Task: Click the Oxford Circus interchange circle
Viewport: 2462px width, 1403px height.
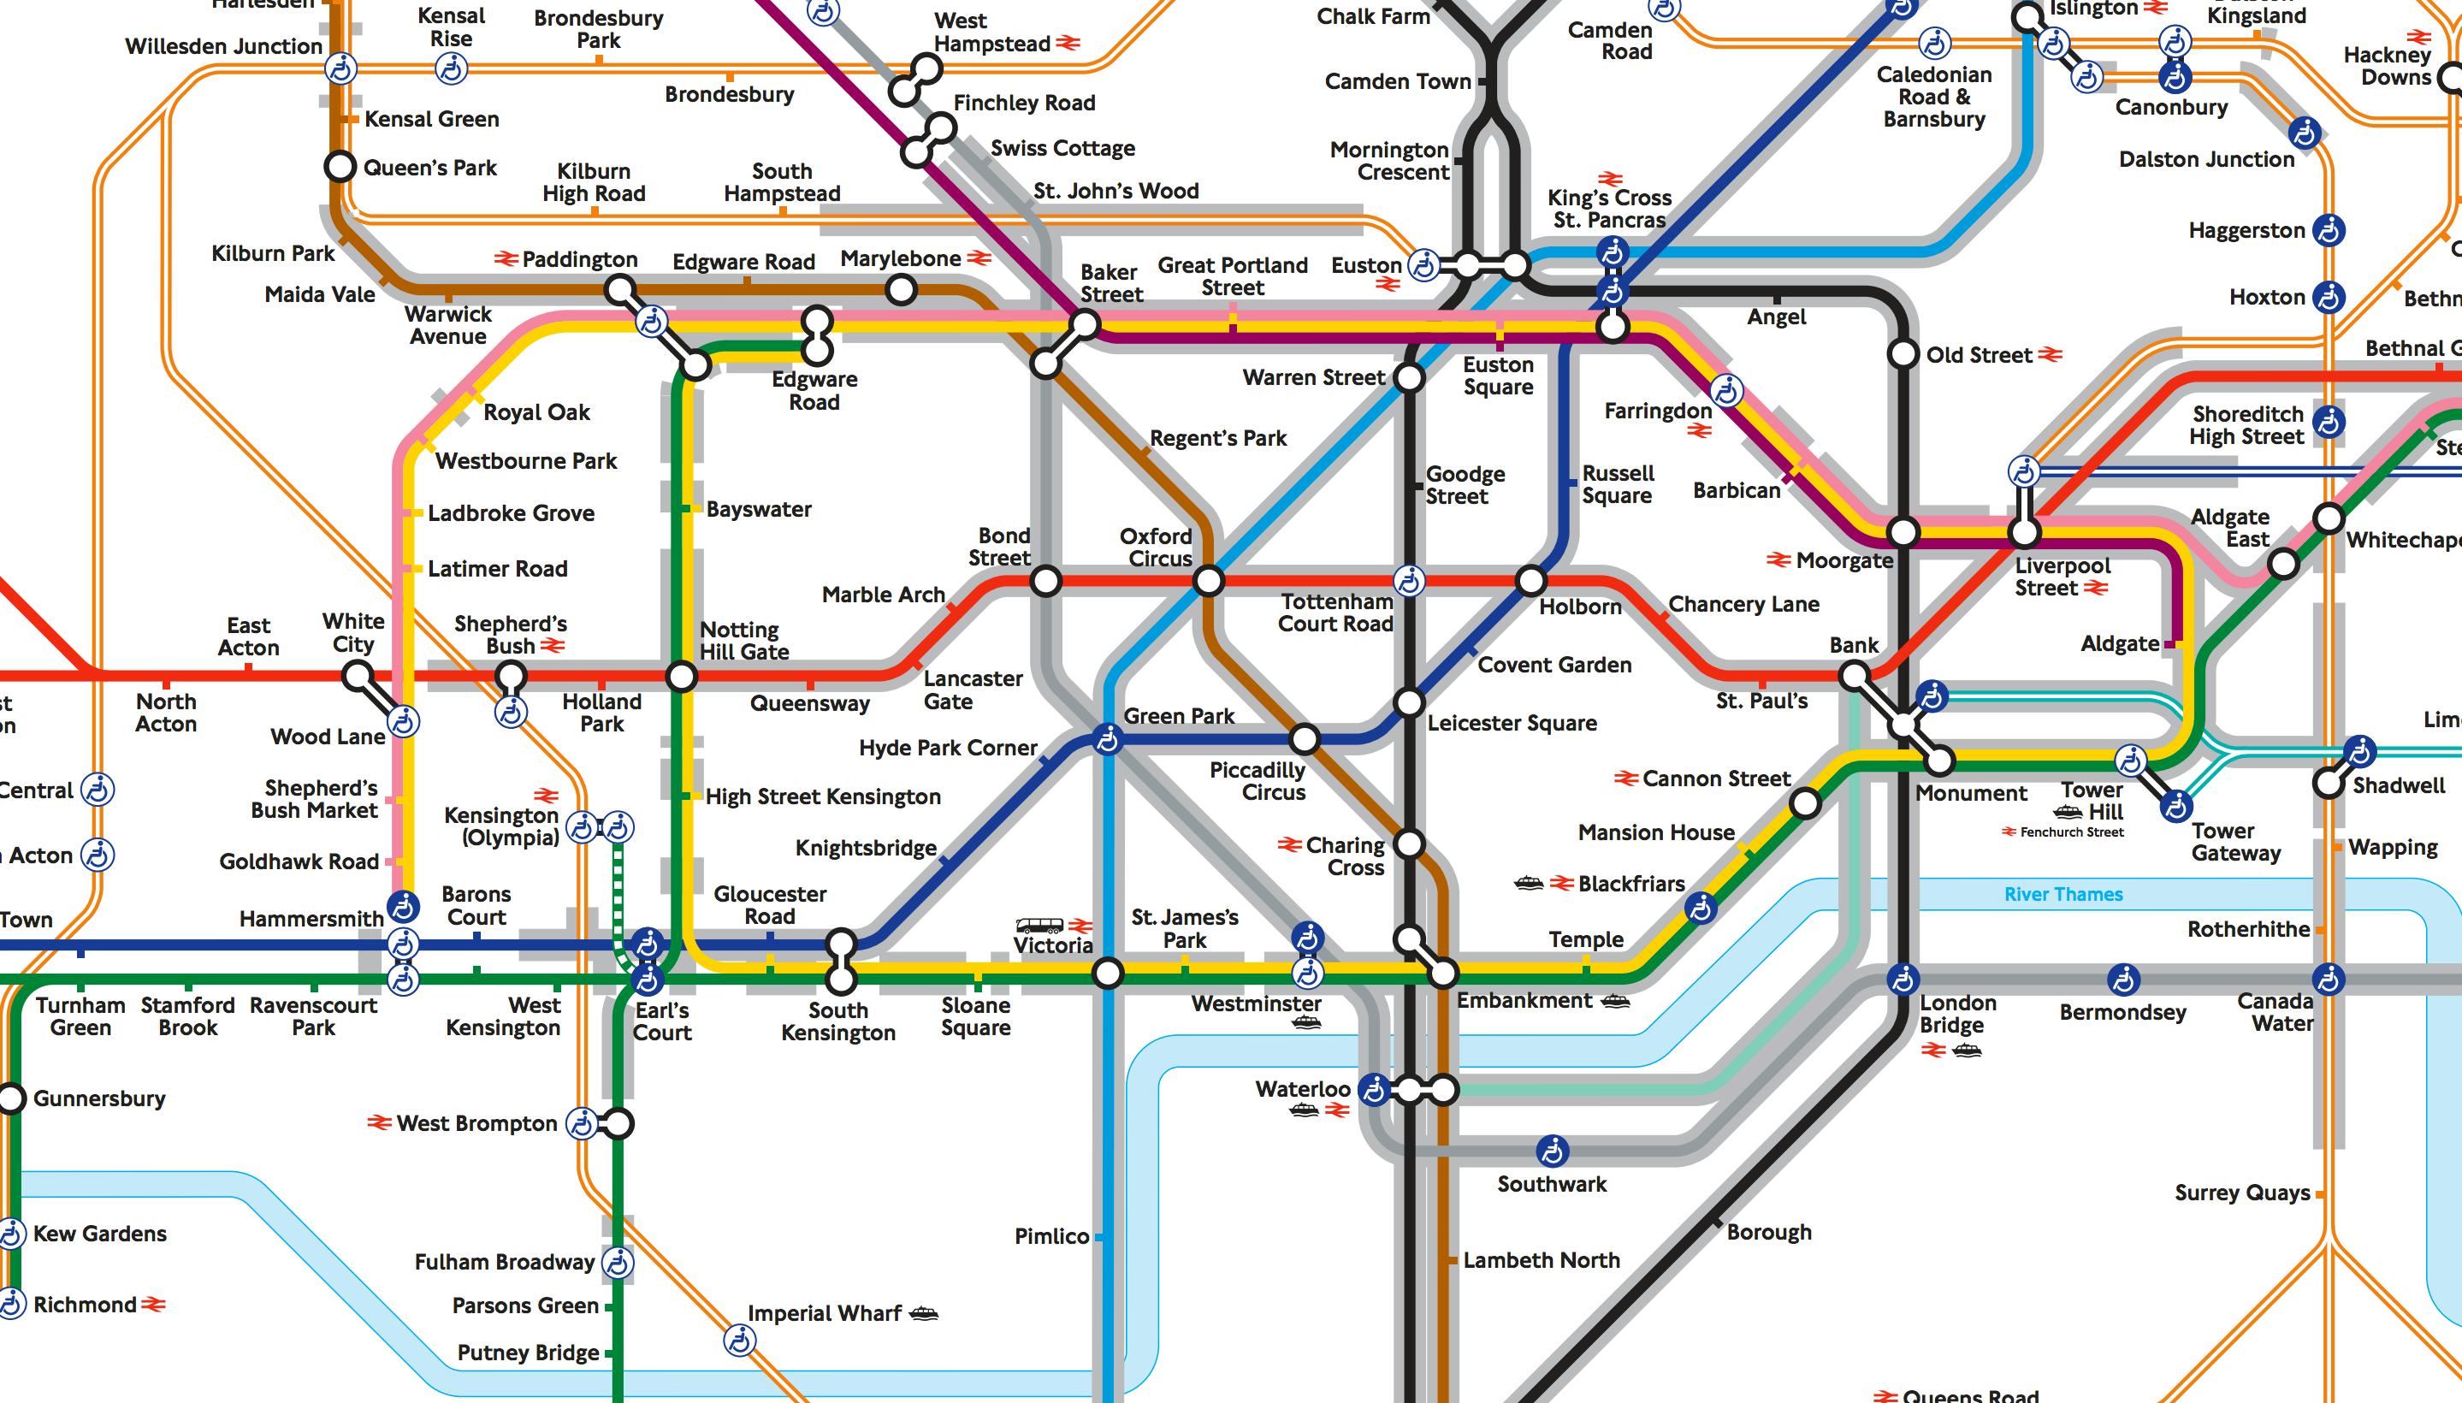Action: click(1209, 581)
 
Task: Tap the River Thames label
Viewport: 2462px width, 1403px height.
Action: click(2063, 894)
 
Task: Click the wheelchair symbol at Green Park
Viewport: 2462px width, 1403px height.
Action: click(1108, 740)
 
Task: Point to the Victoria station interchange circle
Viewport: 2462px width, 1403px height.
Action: click(1108, 974)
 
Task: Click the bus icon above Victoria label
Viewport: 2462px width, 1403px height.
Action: click(1039, 925)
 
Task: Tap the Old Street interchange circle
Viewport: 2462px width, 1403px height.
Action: click(1903, 353)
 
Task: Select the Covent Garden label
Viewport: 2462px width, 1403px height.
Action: click(1554, 665)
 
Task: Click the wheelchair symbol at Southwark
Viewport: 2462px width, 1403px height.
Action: click(1553, 1151)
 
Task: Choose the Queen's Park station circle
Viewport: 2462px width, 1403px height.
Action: click(339, 166)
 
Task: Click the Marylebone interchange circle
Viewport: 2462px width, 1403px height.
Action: click(901, 288)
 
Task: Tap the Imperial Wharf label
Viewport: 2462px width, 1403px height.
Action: click(824, 1313)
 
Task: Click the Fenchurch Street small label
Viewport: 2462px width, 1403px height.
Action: click(2071, 832)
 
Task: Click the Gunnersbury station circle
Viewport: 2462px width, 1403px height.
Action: click(12, 1098)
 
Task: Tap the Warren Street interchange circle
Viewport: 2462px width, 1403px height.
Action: click(1409, 378)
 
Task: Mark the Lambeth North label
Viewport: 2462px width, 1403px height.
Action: click(1541, 1260)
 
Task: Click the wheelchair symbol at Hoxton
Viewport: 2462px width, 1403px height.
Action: click(2329, 297)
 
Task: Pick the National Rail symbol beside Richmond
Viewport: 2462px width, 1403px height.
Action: click(154, 1305)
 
